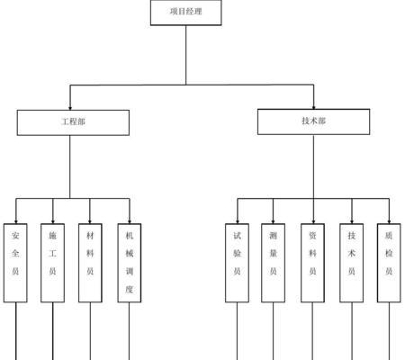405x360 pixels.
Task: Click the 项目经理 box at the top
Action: [186, 13]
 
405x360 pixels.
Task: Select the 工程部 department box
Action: [73, 122]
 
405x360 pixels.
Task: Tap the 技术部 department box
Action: [313, 121]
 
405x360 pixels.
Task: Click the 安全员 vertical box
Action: [15, 263]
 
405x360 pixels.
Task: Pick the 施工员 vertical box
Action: [52, 263]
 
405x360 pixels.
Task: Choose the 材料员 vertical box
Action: [90, 263]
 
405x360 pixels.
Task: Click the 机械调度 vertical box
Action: [130, 263]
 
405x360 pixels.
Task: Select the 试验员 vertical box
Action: [237, 263]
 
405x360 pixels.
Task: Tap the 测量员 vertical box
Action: [273, 263]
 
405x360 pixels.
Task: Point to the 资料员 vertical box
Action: [312, 263]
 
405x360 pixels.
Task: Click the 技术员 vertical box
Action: [352, 263]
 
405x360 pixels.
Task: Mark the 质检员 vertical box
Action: [389, 263]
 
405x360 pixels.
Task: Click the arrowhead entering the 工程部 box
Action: [70, 108]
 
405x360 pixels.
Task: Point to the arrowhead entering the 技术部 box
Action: [314, 107]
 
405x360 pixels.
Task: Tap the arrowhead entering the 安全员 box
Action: [16, 221]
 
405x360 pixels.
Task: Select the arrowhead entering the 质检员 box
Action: [389, 221]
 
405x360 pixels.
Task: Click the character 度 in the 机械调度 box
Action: [130, 289]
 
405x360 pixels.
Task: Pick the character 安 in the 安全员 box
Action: [15, 236]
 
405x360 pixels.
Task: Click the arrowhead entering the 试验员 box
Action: [238, 221]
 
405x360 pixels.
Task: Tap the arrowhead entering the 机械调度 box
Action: [130, 221]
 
